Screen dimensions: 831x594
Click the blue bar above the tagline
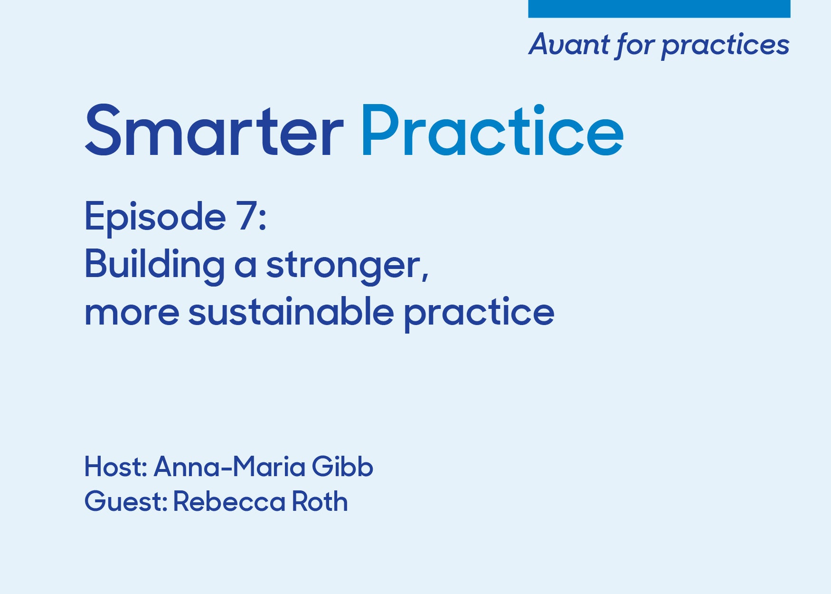tap(659, 9)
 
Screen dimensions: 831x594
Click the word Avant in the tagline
tap(569, 45)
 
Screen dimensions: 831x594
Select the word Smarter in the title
tap(214, 130)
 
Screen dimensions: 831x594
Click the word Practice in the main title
tap(492, 130)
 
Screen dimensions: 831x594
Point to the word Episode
tap(155, 218)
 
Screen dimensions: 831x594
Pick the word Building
tap(154, 265)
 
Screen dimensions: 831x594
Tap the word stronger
tap(347, 266)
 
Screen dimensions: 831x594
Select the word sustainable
tap(291, 311)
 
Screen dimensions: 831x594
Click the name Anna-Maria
tap(229, 467)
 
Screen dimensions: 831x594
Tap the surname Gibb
tap(342, 467)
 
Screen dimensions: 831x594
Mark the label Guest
tap(126, 501)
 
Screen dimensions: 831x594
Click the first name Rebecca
tap(229, 501)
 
